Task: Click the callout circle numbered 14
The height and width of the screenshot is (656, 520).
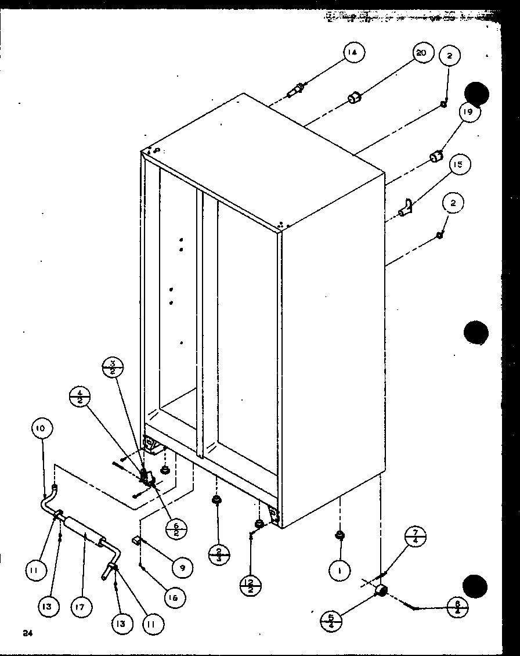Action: (352, 53)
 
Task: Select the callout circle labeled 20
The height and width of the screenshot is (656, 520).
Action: (421, 53)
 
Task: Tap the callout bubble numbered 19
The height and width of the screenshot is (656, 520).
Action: (468, 111)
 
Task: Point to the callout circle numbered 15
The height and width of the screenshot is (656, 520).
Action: (458, 165)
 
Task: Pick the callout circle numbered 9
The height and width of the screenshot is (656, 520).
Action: (182, 568)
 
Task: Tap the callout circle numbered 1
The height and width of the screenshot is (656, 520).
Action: (340, 571)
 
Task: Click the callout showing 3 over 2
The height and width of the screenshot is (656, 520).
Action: (111, 368)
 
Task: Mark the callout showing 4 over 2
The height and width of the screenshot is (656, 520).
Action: (80, 398)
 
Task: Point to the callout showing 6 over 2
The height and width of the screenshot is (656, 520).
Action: (175, 530)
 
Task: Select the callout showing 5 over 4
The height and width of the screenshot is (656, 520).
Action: (331, 621)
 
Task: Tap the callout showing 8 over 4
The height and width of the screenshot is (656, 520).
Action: (458, 607)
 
